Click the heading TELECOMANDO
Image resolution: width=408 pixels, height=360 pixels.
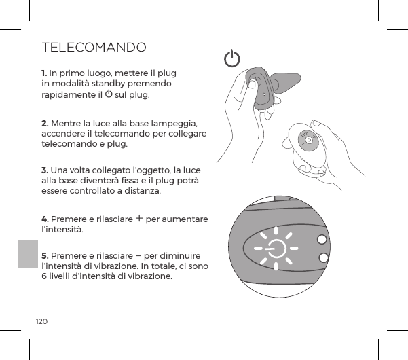[94, 48]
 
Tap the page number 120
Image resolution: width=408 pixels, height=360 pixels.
[42, 319]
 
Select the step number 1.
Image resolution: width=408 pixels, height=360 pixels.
[44, 72]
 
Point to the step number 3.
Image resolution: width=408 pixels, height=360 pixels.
[44, 168]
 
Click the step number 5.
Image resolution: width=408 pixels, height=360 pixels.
[44, 255]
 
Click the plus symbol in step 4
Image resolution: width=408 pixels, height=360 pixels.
[138, 218]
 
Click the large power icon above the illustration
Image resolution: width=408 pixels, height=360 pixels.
[232, 60]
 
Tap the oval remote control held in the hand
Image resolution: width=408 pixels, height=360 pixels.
[309, 141]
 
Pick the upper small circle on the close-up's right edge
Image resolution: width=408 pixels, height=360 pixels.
[321, 240]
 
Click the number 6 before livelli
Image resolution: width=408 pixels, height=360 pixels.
[44, 276]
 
